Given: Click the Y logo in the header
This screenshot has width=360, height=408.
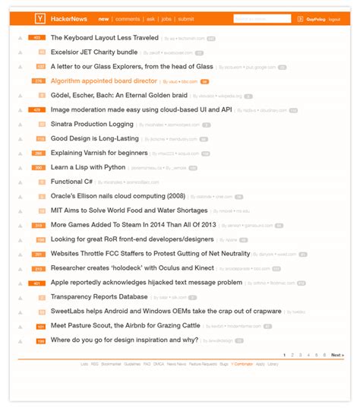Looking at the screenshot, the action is (39, 18).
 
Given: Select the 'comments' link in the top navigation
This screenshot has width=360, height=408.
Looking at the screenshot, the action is (128, 18).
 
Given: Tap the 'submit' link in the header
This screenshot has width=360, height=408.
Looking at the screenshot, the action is (185, 18).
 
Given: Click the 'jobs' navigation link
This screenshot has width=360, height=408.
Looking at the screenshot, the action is (166, 18).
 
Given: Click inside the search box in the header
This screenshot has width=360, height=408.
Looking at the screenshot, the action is (261, 18).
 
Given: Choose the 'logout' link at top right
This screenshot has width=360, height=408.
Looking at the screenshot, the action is (335, 18).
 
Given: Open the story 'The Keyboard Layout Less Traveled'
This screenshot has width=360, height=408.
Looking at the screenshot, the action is (105, 37).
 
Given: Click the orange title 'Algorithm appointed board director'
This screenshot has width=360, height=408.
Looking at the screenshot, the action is (105, 81).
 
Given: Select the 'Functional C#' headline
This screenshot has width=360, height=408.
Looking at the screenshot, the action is (71, 182).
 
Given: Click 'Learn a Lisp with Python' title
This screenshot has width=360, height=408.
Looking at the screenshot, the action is (88, 167).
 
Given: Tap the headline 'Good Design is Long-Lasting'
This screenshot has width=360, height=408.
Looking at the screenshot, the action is (95, 138).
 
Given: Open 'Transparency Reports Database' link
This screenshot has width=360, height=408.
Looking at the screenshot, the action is (99, 296).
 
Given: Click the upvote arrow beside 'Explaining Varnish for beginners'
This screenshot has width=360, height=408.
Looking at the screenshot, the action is (21, 153).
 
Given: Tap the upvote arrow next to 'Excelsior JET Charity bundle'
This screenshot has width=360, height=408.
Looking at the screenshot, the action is (21, 52).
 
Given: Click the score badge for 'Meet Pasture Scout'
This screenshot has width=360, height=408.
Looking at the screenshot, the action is (41, 327).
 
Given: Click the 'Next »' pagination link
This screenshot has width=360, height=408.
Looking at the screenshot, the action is (337, 355).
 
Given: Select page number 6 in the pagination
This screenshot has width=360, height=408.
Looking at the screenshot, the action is (323, 355).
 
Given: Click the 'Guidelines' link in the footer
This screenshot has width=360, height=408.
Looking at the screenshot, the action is (132, 364).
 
